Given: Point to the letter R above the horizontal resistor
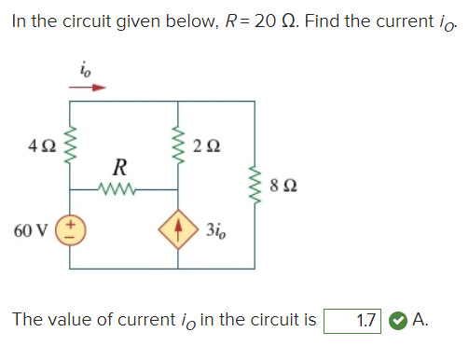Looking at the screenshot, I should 119,168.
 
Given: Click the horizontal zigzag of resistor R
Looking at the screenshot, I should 118,188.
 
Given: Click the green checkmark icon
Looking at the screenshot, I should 396,321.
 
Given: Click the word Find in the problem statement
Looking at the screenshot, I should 311,21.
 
